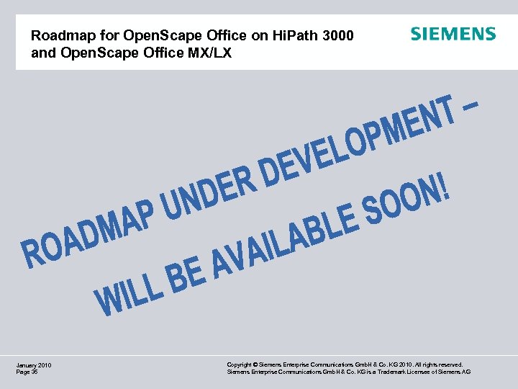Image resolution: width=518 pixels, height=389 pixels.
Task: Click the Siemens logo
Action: point(453,34)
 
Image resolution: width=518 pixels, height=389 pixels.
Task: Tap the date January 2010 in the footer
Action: point(33,365)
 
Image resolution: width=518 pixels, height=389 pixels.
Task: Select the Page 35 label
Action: point(27,372)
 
